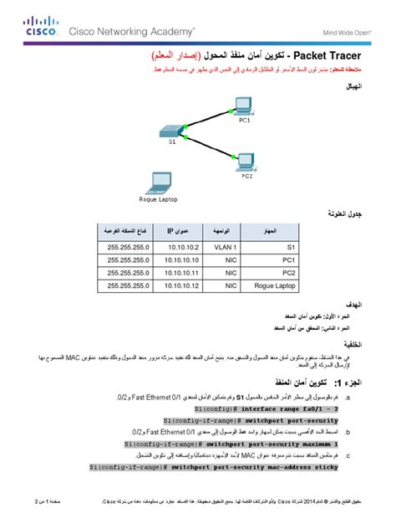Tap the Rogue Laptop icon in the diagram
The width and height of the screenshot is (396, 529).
tap(155, 182)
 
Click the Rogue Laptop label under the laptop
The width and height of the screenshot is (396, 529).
tap(157, 199)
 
